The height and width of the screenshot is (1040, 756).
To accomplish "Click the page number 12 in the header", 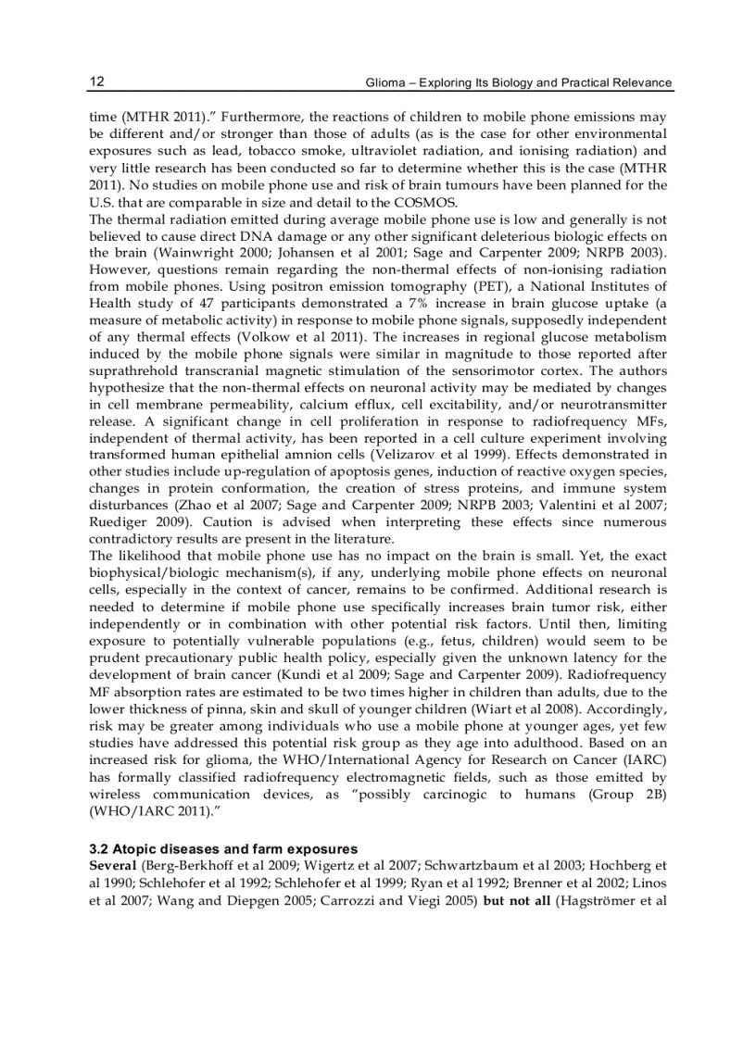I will click(x=96, y=82).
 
